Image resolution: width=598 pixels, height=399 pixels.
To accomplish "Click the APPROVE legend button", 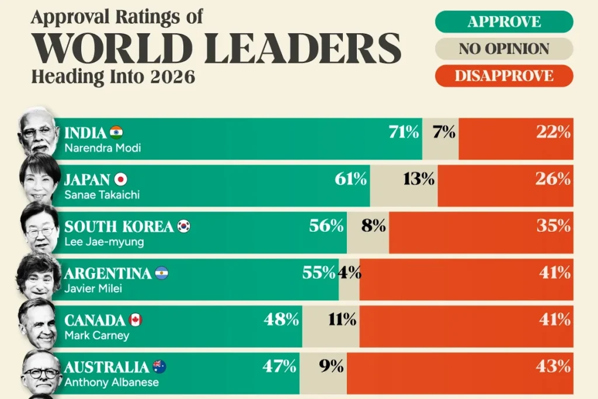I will [x=504, y=22].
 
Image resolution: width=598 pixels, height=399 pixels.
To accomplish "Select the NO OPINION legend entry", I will [x=504, y=49].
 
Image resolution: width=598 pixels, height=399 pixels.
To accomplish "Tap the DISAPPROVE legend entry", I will [x=504, y=76].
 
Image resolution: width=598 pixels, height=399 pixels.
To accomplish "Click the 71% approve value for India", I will [x=404, y=133].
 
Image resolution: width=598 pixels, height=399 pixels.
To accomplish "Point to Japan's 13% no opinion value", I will [x=419, y=179].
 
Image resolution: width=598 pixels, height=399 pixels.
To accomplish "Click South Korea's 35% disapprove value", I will [x=554, y=225].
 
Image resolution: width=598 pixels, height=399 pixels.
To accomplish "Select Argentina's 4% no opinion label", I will [x=350, y=272].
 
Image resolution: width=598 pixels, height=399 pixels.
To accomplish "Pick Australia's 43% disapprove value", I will [x=554, y=366].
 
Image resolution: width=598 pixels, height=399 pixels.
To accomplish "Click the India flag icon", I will [x=116, y=131].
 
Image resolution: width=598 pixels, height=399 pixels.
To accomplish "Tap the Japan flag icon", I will [x=121, y=179].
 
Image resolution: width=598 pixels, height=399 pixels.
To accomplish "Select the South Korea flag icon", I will [x=184, y=226].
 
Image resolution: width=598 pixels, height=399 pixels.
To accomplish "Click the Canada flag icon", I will [x=135, y=320].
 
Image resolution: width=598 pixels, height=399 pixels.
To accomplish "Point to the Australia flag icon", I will [x=159, y=366].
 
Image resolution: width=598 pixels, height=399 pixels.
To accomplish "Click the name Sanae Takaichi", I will [x=102, y=195].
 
